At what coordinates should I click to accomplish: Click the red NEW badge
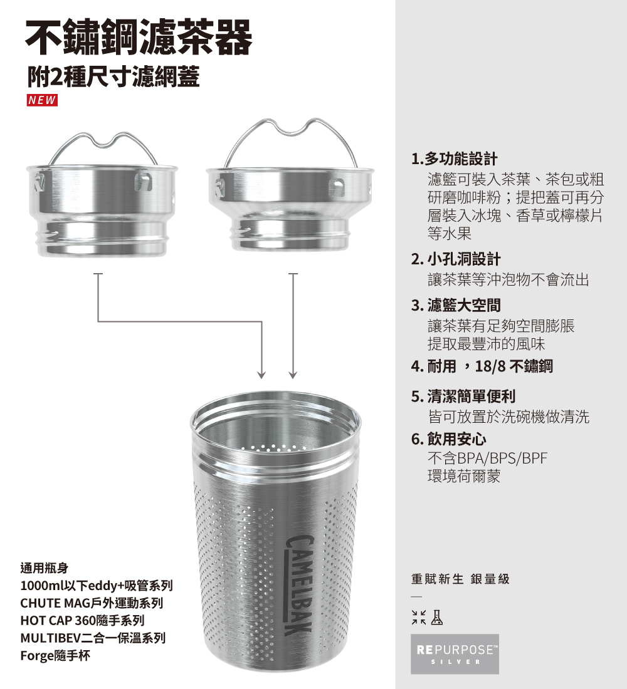click(41, 100)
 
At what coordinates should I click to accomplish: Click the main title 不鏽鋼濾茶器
click(139, 37)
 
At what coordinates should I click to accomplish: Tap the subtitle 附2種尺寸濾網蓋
click(113, 78)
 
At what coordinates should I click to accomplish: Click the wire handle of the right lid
click(290, 129)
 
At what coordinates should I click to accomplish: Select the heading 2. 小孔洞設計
click(456, 259)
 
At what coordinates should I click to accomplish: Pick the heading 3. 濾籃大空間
click(456, 306)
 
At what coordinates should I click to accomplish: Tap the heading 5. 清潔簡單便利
click(463, 396)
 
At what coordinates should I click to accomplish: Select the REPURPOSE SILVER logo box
click(455, 653)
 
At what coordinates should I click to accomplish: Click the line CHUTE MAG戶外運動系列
click(92, 604)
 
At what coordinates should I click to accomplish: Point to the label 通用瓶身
click(44, 569)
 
